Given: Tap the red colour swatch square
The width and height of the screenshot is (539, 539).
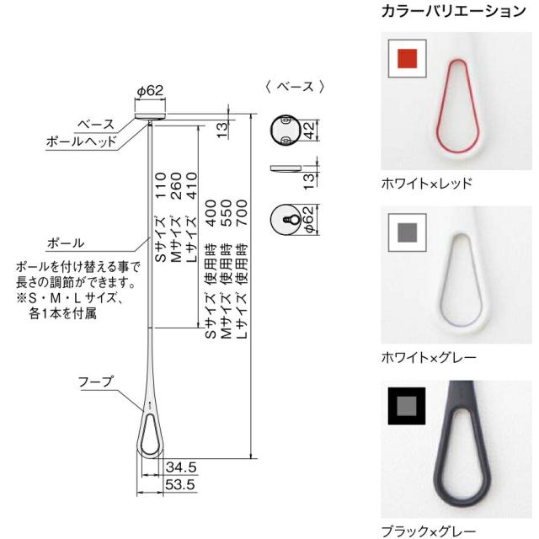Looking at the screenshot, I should pos(408,59).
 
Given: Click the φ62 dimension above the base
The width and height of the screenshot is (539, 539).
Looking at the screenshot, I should pos(149,90).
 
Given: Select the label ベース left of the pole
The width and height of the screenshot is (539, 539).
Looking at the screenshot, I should pos(96,124).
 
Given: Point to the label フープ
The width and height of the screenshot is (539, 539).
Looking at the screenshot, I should pos(96,382).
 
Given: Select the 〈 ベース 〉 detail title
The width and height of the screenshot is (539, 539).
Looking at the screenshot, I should pos(295,87).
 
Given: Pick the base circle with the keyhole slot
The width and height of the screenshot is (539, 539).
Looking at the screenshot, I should pos(288,221).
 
